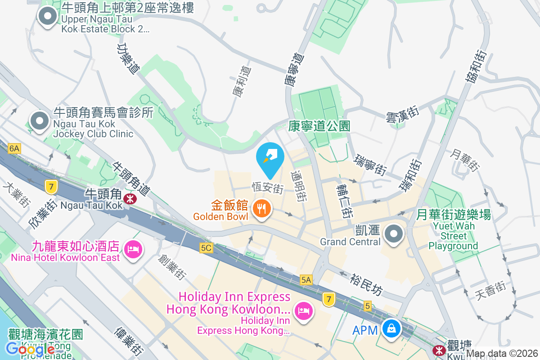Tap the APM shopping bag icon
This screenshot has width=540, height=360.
point(391,329)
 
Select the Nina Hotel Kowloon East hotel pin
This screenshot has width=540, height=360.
point(133,248)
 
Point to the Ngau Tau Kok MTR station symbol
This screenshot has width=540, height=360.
point(130,198)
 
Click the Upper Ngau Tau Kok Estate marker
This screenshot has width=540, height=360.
point(47,18)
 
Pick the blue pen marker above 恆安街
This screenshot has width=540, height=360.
point(270,158)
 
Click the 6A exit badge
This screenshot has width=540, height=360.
point(14,148)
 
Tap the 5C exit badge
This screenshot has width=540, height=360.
point(206,247)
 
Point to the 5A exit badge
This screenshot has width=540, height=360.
point(306,280)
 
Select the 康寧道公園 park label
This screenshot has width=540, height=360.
point(319,126)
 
